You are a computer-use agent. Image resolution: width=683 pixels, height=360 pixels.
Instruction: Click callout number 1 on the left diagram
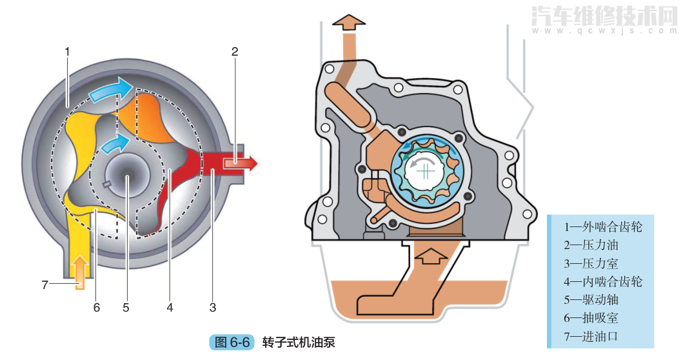(67, 50)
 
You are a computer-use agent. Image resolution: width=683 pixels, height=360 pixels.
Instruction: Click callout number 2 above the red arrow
(235, 51)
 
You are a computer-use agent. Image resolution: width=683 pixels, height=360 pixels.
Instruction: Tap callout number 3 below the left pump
(213, 308)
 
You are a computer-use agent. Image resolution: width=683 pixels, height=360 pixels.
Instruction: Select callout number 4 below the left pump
(170, 308)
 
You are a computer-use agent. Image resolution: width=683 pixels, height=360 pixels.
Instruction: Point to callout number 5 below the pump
(126, 308)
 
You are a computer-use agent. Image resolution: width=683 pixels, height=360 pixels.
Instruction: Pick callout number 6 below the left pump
(97, 308)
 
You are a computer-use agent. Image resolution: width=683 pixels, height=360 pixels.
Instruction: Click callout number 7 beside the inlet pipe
(45, 285)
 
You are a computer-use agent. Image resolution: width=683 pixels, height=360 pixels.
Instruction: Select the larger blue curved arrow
(110, 90)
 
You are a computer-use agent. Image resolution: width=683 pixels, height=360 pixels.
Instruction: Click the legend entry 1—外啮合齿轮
(603, 227)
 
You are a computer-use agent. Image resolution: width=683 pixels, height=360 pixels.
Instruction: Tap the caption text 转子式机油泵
(299, 342)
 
